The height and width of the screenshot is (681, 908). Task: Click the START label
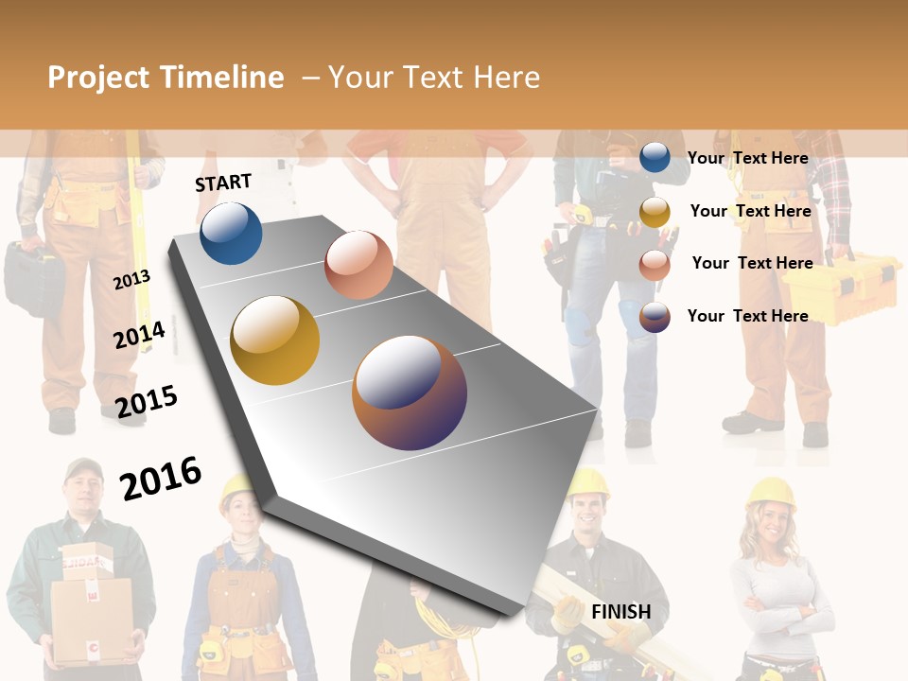[223, 183]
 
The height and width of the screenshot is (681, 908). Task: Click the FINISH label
[621, 612]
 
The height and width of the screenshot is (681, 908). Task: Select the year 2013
[131, 280]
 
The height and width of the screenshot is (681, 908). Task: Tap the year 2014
[139, 335]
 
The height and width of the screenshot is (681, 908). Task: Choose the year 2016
[161, 478]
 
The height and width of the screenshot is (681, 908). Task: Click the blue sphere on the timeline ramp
[231, 233]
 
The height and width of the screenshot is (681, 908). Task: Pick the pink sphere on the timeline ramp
[358, 265]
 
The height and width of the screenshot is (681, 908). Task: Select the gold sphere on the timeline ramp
[275, 340]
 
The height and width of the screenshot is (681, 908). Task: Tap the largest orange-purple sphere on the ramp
[410, 393]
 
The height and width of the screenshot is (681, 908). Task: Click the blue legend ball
[655, 157]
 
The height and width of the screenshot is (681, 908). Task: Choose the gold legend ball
[655, 212]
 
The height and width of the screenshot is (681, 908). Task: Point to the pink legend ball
[655, 265]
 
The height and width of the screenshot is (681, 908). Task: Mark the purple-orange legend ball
[655, 317]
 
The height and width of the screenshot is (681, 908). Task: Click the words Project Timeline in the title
[166, 78]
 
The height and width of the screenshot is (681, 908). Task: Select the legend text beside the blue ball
[747, 158]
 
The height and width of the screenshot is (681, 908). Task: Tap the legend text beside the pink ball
[752, 263]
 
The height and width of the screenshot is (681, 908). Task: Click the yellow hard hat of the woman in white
[771, 492]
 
